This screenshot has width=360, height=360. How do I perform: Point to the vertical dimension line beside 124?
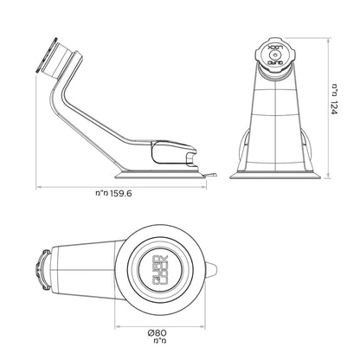point(321,108)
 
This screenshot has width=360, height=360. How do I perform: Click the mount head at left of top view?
point(41,272)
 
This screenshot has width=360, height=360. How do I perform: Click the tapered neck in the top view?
point(87,272)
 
